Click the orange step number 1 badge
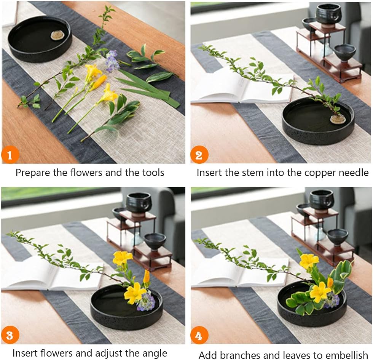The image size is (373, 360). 10,155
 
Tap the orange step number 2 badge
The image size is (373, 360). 199,155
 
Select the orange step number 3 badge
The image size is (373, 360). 10,335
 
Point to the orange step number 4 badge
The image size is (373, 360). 199,336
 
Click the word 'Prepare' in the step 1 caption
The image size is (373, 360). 33,173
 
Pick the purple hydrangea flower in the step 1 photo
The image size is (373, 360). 112,61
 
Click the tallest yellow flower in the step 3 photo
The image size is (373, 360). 122,258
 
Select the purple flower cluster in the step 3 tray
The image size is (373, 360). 147,302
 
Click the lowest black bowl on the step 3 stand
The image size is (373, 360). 155,241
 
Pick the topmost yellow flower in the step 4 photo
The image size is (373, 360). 308,261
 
